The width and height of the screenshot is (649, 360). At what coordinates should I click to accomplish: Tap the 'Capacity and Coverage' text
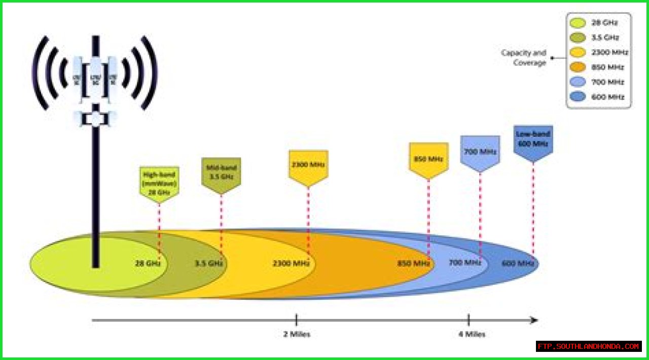(x=524, y=57)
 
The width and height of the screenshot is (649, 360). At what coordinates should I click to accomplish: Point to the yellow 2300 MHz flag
(x=308, y=165)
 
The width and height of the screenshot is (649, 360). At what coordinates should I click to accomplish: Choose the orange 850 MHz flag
(x=428, y=159)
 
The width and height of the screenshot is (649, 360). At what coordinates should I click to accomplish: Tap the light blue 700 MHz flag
(x=480, y=152)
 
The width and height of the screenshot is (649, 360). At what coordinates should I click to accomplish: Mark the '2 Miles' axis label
(x=296, y=334)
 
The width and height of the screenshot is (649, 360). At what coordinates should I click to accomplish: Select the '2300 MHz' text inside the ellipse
(x=291, y=264)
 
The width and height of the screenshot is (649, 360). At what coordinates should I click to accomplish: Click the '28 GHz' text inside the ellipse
(x=148, y=264)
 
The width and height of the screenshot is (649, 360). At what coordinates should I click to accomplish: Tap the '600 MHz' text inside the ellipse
(x=518, y=263)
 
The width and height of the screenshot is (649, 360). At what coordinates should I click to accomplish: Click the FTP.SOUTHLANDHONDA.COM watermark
(x=589, y=346)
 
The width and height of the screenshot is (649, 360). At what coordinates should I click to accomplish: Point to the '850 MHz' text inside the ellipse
(x=414, y=264)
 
